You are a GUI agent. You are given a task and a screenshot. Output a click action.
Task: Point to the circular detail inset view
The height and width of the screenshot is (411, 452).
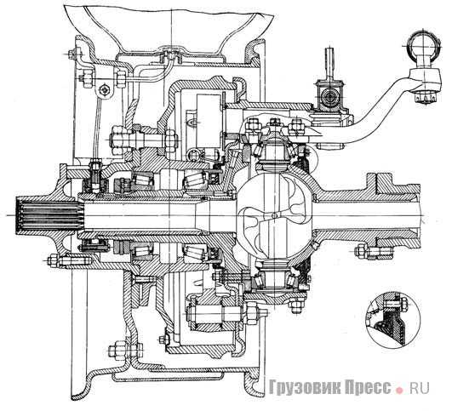pyautogui.click(x=394, y=317)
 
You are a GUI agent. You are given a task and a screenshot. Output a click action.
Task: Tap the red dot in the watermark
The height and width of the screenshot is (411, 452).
pyautogui.click(x=400, y=391)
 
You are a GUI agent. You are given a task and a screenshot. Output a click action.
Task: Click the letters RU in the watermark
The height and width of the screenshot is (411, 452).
pyautogui.click(x=420, y=387)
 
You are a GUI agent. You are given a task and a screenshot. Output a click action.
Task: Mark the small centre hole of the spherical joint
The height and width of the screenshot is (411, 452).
pyautogui.click(x=274, y=215)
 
